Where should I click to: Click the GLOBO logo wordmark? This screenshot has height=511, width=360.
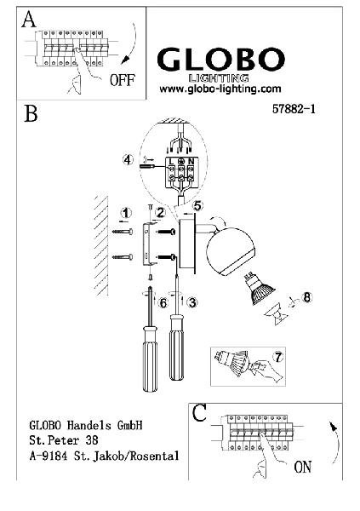221,60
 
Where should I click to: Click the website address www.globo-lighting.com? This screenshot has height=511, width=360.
220,89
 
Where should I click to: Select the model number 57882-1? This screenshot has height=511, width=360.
294,109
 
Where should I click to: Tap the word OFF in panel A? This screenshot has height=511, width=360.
123,80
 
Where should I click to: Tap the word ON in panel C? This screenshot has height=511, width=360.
303,467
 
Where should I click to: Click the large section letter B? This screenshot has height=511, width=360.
31,113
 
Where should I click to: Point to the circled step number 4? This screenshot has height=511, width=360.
128,160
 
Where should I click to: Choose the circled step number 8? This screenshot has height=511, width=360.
306,297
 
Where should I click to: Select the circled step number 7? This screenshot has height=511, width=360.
278,357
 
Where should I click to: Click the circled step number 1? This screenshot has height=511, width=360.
126,214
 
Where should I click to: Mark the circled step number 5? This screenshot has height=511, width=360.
197,206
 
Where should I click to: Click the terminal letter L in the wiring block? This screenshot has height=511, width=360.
171,161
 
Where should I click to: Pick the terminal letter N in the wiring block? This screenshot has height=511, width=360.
191,161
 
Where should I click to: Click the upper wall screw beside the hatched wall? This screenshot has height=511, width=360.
123,232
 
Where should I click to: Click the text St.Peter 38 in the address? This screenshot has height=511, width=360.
64,440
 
